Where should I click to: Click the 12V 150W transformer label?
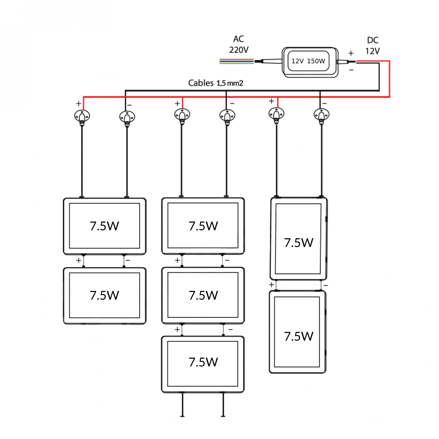coord(308,61)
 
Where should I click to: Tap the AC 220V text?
coord(239,44)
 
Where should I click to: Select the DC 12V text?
coord(372,46)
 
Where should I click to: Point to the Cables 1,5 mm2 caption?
coord(215,83)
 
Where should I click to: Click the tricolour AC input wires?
coord(236,61)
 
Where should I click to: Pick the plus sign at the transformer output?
coord(351,53)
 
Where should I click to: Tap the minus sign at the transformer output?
coord(351,70)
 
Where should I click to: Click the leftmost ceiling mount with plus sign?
coord(82,116)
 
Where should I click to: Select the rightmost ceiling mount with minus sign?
coord(321,115)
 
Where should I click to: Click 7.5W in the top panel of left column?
coord(104,226)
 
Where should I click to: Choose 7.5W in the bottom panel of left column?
coord(104,295)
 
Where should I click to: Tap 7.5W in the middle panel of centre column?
coord(203,295)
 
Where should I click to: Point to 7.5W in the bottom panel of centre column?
coord(203,362)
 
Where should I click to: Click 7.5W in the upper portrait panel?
coord(299,243)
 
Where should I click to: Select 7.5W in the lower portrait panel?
coord(299,336)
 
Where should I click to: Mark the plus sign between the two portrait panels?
coord(271,284)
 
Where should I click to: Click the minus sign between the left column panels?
coord(128,260)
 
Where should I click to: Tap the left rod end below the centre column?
coord(182,416)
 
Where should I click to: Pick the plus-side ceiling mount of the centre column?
coord(182,115)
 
